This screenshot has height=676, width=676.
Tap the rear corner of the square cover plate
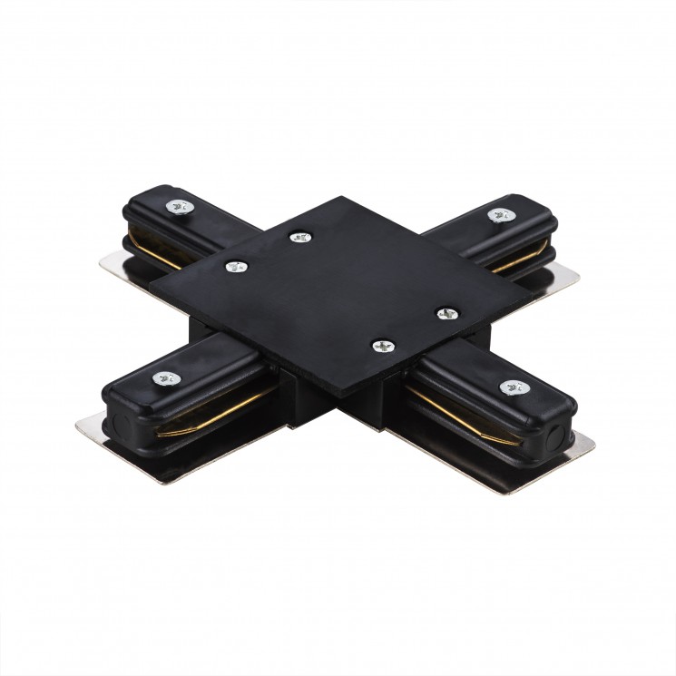343,197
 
